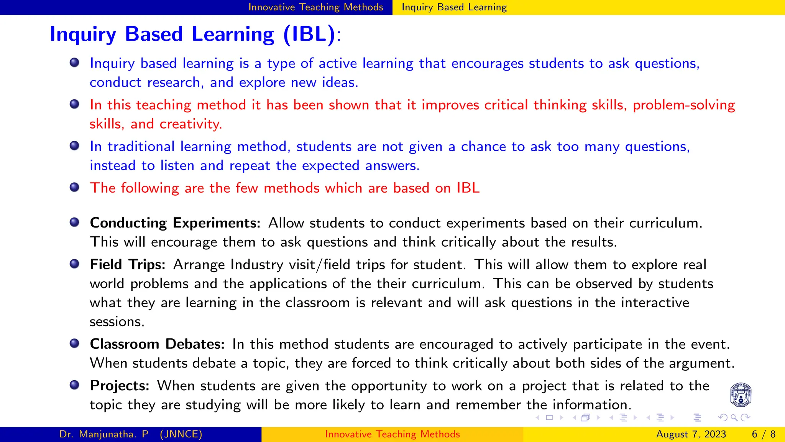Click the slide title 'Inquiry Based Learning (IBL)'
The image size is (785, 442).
point(192,34)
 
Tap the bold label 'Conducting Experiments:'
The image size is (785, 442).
point(175,223)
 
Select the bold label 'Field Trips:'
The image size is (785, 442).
point(127,264)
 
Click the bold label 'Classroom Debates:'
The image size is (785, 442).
point(157,344)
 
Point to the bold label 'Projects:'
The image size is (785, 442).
point(120,386)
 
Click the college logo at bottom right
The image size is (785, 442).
point(741,395)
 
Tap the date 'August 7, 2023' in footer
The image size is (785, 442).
point(691,434)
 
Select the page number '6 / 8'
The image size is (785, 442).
point(764,434)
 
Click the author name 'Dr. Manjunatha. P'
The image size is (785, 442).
point(104,434)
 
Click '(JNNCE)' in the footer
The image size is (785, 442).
point(181,434)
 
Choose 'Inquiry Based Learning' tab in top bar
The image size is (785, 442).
point(454,7)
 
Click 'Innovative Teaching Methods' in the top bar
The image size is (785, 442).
point(315,7)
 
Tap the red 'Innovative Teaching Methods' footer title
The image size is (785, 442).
point(392,434)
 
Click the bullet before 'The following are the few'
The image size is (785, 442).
point(74,187)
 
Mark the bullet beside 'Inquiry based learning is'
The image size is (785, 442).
point(74,63)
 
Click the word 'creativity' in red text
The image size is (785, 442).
point(190,124)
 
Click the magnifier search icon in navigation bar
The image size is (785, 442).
point(734,418)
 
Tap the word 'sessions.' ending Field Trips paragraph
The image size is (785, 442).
point(117,322)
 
